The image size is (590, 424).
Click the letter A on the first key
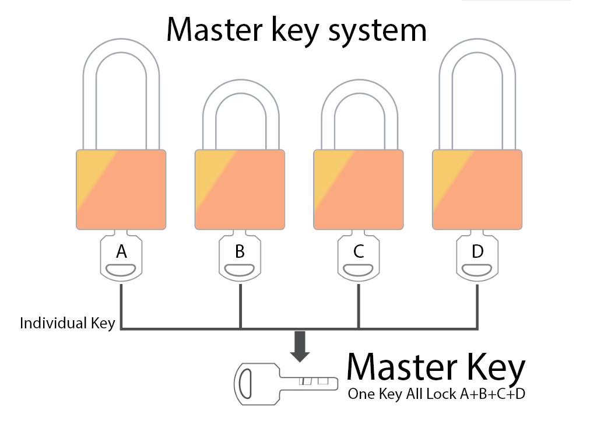tap(121, 251)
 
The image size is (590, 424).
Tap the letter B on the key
tap(240, 251)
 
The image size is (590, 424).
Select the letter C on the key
tap(359, 251)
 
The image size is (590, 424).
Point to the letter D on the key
tap(477, 251)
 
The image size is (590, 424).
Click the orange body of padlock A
tap(121, 190)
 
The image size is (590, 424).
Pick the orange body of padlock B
tap(240, 190)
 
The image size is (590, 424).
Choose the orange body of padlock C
tap(359, 190)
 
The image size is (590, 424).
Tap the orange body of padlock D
tap(477, 190)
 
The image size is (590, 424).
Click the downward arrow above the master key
tap(300, 346)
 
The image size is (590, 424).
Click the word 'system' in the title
tap(377, 30)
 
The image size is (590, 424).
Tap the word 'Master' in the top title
tap(215, 29)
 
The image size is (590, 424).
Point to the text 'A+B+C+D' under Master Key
tap(493, 394)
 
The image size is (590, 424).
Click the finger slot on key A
tap(121, 269)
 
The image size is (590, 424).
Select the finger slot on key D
tap(477, 269)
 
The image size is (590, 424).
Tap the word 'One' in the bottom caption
tap(361, 394)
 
